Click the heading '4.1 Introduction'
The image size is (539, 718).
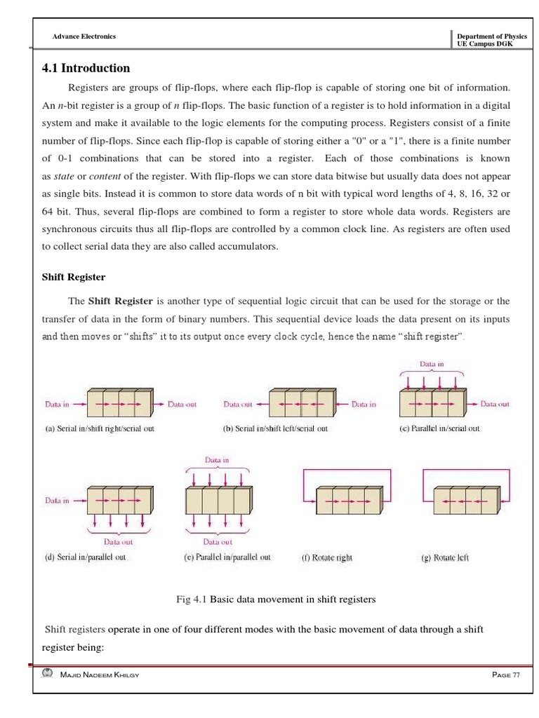pyautogui.click(x=86, y=68)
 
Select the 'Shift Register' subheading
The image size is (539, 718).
pyautogui.click(x=74, y=276)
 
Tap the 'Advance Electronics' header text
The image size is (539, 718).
pyautogui.click(x=84, y=36)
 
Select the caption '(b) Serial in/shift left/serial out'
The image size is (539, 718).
pyautogui.click(x=275, y=428)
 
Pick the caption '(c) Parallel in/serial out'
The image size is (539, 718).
pyautogui.click(x=439, y=428)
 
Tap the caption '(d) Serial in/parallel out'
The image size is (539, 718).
pyautogui.click(x=86, y=558)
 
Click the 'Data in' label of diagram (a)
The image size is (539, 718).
pyautogui.click(x=58, y=405)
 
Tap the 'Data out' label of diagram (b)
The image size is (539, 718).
pyautogui.click(x=238, y=405)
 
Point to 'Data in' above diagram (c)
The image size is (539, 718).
pyautogui.click(x=432, y=365)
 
